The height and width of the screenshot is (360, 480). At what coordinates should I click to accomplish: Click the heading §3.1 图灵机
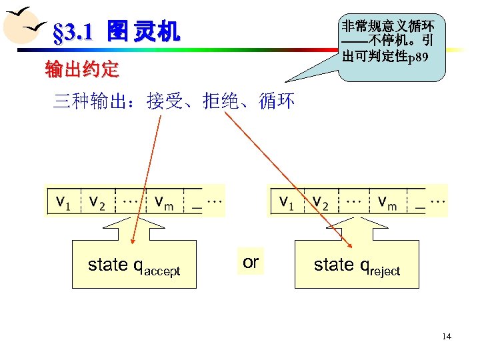115,31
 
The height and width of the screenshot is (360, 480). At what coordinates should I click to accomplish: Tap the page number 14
446,336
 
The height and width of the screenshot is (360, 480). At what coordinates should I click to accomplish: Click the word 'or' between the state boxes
250,262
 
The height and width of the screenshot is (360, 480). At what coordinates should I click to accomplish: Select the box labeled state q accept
134,265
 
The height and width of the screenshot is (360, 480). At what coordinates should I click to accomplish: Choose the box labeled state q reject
357,265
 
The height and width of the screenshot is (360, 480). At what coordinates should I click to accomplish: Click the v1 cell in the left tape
63,201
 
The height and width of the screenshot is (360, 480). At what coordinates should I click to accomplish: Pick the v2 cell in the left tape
97,201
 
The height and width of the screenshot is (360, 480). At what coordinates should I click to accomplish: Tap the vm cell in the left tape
164,201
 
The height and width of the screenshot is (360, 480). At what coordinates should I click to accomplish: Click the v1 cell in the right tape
287,201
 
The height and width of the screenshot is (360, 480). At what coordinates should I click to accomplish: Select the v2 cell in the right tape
321,201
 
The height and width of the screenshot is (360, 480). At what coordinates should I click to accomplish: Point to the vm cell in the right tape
387,201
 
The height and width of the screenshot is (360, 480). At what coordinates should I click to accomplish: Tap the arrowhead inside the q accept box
133,241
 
